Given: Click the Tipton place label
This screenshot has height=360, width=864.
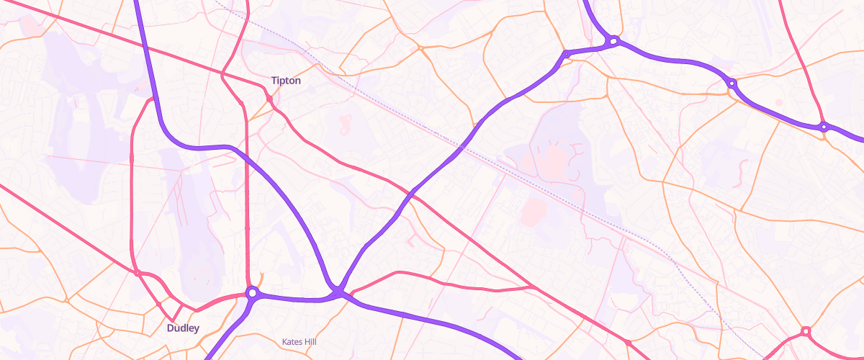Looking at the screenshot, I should click(x=286, y=81).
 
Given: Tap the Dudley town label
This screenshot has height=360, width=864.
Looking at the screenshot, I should click(x=182, y=328).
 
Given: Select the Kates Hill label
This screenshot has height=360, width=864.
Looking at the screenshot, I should click(x=299, y=341).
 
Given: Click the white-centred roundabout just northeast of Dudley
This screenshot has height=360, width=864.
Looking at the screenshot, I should click(x=252, y=293).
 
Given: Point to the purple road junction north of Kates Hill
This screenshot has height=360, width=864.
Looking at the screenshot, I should click(x=338, y=291).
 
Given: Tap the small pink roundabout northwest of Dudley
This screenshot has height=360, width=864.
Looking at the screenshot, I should click(x=137, y=273).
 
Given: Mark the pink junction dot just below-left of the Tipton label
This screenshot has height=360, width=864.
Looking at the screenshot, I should click(x=268, y=98).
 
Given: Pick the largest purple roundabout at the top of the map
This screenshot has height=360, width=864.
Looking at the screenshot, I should click(x=613, y=42).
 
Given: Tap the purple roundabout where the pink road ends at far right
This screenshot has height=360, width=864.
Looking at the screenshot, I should click(x=824, y=127).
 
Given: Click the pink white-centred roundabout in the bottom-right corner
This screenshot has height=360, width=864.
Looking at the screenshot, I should click(x=806, y=331).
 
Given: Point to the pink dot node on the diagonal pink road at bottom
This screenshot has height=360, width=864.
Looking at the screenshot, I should click(x=628, y=342).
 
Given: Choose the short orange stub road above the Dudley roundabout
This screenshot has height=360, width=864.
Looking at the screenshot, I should click(x=260, y=276).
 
